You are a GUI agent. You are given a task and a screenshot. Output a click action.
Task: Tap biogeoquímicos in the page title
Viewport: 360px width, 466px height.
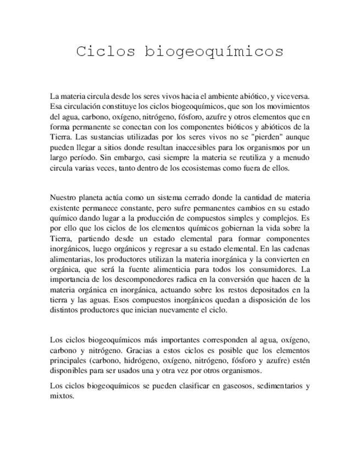[214, 52]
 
